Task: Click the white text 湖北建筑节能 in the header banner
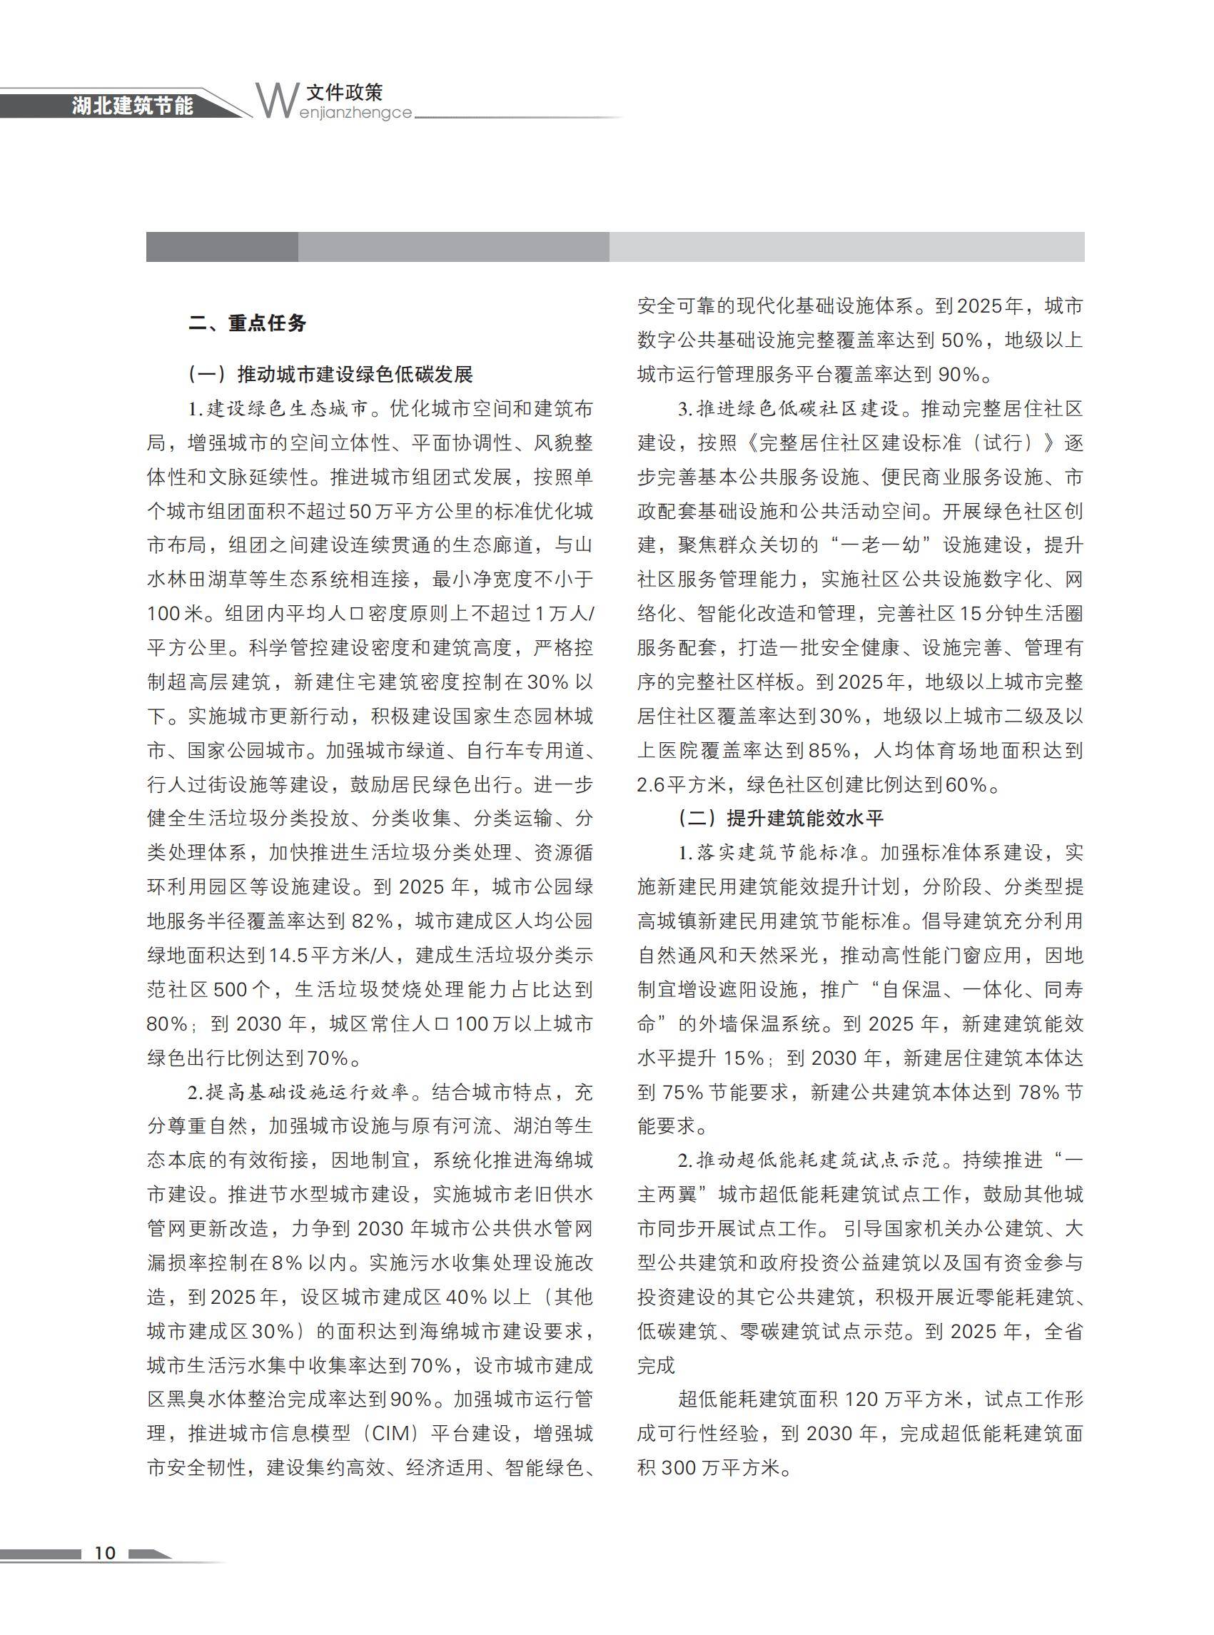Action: [132, 106]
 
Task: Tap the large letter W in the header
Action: [277, 101]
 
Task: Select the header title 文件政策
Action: [345, 93]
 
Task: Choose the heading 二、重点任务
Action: [247, 323]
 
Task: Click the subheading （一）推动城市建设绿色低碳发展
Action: [330, 375]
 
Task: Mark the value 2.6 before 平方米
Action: [650, 785]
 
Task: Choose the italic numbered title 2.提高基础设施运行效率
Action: [298, 1092]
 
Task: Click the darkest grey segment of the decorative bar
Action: [222, 247]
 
